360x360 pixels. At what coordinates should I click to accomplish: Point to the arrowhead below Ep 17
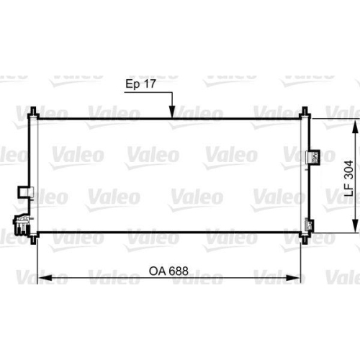click(172, 114)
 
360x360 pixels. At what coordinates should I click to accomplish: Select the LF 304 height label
click(348, 179)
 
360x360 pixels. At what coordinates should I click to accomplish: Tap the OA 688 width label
click(168, 251)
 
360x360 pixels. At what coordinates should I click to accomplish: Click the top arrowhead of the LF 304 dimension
click(354, 122)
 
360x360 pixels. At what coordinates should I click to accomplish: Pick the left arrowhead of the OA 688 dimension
click(42, 258)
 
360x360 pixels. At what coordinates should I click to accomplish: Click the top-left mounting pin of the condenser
click(34, 113)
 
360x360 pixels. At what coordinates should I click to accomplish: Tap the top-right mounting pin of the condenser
click(305, 113)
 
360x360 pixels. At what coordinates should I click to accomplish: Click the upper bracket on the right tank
click(313, 156)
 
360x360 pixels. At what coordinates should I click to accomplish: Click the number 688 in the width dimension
click(177, 251)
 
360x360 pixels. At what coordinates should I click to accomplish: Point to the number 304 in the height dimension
click(348, 170)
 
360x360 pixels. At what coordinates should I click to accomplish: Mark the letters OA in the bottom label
click(156, 251)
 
